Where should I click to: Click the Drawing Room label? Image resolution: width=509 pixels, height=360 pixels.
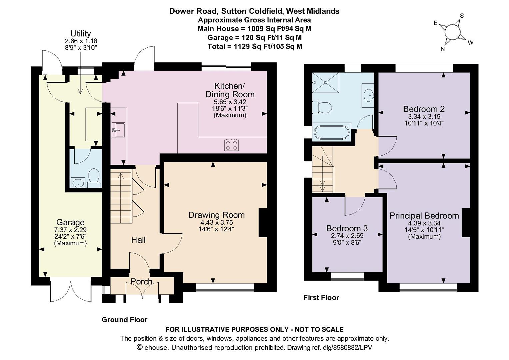tap(216, 215)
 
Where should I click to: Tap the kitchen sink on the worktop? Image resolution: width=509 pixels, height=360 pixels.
tap(118, 130)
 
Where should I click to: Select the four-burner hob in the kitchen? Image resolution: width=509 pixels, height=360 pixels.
tap(231, 145)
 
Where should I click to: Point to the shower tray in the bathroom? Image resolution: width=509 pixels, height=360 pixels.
tap(326, 83)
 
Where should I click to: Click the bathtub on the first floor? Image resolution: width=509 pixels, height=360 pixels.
tap(332, 132)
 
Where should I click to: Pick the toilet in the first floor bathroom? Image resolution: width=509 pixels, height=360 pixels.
tap(322, 107)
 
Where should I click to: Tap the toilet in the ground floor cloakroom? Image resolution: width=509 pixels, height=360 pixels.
tap(94, 179)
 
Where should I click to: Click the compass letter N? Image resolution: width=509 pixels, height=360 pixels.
tap(443, 49)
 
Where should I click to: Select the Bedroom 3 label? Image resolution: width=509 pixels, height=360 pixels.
tap(347, 228)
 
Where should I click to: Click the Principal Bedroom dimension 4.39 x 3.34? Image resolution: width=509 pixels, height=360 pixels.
tap(424, 223)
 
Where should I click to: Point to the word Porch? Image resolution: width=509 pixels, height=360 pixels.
tap(141, 282)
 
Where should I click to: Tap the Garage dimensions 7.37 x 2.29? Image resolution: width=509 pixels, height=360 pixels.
tap(70, 230)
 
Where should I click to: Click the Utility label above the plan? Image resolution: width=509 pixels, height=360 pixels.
tap(81, 33)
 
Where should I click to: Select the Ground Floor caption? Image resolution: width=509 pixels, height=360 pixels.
tap(125, 320)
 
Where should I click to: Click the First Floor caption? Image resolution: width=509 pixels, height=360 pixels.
tap(321, 297)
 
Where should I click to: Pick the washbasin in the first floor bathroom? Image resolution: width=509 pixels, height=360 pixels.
tap(368, 95)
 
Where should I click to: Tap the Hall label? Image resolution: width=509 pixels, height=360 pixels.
tap(138, 240)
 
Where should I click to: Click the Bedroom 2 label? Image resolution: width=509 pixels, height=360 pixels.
tap(424, 109)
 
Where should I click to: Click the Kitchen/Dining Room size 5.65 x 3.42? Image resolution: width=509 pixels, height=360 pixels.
tap(230, 102)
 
